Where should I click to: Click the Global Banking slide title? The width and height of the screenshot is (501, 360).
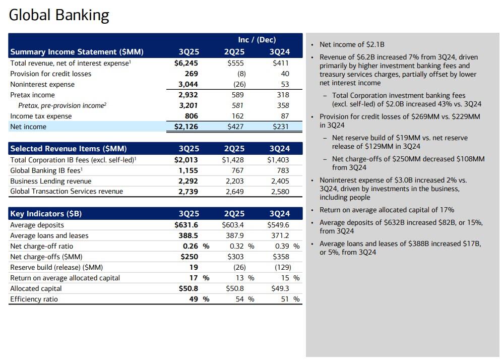click(x=59, y=15)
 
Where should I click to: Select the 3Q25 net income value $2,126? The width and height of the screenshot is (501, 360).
click(x=183, y=127)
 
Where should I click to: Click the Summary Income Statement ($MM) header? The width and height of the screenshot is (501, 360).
click(x=77, y=52)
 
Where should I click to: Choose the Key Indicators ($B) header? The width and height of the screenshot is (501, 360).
click(x=46, y=214)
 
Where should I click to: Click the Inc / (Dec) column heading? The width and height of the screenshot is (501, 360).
click(x=257, y=40)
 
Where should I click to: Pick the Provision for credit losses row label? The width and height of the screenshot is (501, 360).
click(x=51, y=74)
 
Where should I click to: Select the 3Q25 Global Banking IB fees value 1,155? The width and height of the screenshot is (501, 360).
click(x=189, y=170)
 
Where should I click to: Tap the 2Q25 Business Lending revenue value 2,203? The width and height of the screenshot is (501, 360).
click(x=235, y=181)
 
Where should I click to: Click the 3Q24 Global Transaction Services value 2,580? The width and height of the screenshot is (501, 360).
click(x=280, y=192)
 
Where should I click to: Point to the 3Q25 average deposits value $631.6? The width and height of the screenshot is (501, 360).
click(x=186, y=225)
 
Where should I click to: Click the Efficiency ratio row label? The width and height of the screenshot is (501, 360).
click(x=34, y=299)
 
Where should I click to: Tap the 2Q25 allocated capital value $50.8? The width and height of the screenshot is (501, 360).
click(x=235, y=288)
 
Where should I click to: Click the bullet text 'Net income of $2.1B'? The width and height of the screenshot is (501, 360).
click(x=352, y=45)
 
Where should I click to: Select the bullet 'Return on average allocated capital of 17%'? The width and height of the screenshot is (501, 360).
click(x=387, y=210)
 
